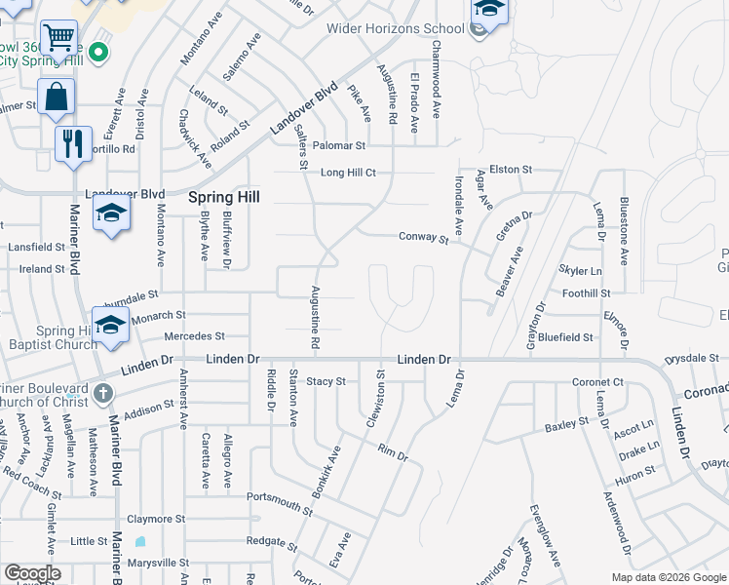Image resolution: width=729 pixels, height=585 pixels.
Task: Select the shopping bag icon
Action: pyautogui.click(x=56, y=97)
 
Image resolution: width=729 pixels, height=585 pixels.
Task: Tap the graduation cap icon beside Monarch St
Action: pyautogui.click(x=110, y=325)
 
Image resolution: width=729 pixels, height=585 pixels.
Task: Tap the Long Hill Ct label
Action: pyautogui.click(x=348, y=173)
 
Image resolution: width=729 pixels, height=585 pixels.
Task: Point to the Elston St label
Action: pyautogui.click(x=511, y=169)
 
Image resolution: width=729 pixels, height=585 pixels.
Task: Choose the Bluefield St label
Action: pyautogui.click(x=565, y=337)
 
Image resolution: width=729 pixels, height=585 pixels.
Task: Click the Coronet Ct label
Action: pyautogui.click(x=597, y=382)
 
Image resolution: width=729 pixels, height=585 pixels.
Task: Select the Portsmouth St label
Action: pyautogui.click(x=280, y=501)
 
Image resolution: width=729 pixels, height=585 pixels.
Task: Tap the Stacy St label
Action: pyautogui.click(x=326, y=381)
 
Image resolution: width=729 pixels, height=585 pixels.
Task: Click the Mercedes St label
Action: pyautogui.click(x=194, y=335)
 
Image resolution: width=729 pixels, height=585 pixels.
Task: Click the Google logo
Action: pyautogui.click(x=32, y=573)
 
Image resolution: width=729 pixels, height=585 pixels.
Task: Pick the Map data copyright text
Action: pyautogui.click(x=669, y=577)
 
